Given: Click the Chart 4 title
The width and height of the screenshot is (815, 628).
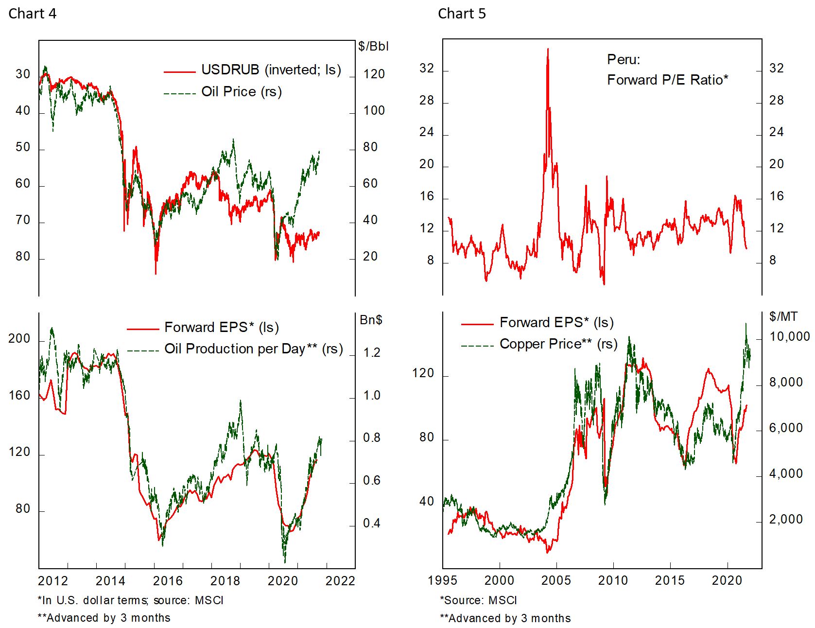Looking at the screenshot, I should [32, 14].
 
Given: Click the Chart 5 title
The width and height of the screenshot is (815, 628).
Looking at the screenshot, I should [461, 14].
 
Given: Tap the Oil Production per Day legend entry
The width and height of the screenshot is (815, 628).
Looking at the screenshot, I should [253, 349].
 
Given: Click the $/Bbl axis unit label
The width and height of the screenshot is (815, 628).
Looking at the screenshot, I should [373, 46].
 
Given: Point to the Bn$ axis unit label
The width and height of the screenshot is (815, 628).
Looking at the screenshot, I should [371, 320].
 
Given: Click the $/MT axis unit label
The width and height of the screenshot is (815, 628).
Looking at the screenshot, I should [783, 317].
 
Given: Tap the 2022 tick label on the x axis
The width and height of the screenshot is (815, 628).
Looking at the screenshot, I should [340, 581].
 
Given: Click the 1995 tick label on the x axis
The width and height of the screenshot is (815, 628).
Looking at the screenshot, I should [442, 581].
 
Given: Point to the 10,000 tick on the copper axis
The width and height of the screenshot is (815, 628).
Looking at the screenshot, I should [789, 337].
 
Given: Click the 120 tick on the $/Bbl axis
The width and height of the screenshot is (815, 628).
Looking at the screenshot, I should [374, 74].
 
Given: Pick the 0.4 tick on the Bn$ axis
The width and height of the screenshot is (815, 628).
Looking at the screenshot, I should [371, 523].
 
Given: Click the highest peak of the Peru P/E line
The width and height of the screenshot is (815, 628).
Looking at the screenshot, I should [548, 49].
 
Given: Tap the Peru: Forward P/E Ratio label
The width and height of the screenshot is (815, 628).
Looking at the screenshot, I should [667, 70].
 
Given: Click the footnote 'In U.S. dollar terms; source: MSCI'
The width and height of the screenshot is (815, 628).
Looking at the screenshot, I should [130, 600].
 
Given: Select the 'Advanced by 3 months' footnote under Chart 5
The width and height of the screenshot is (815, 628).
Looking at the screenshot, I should [505, 618].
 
